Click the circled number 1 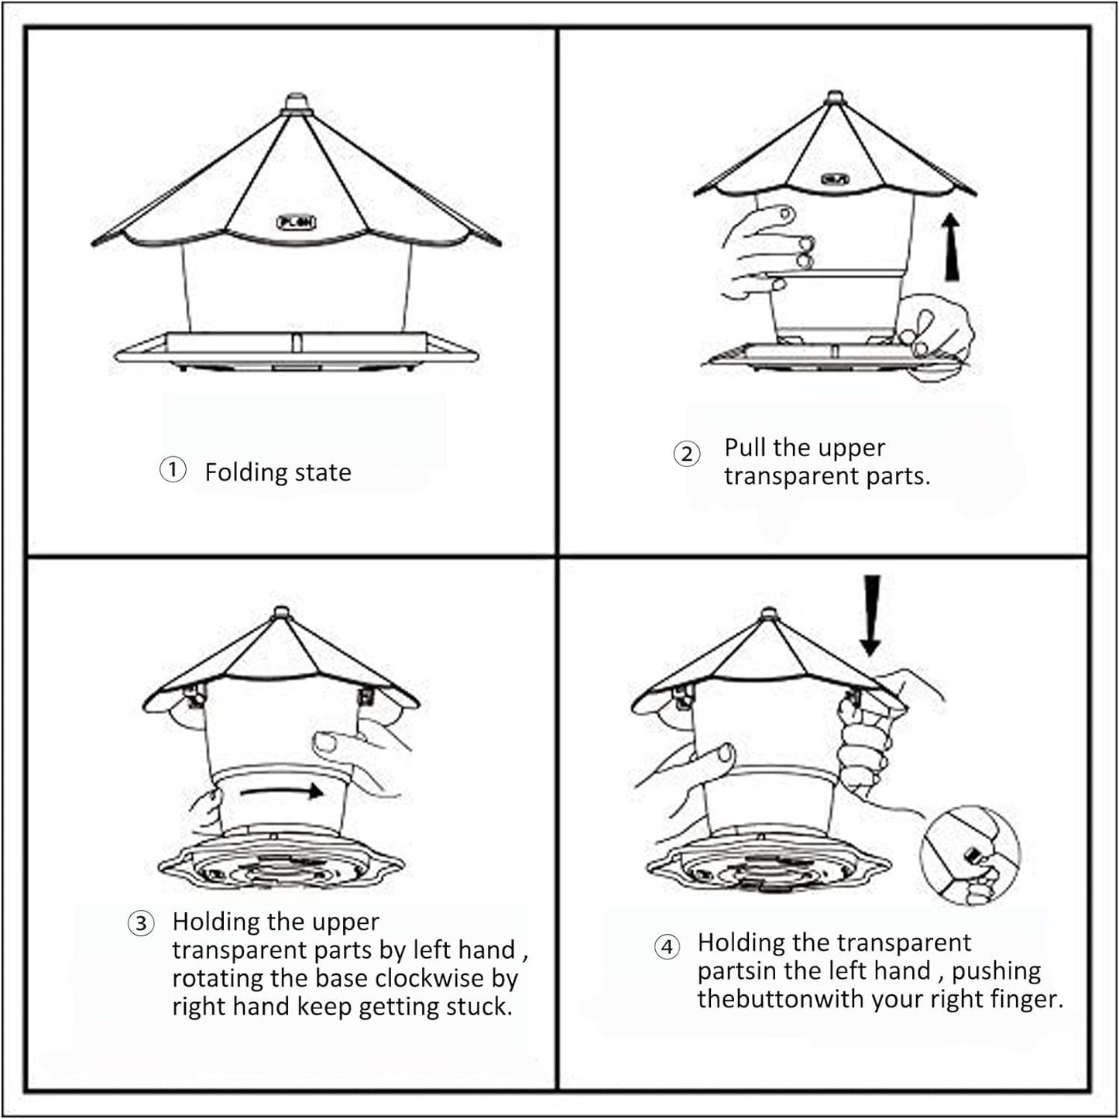click(173, 469)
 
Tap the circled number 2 click(686, 453)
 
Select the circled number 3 click(141, 923)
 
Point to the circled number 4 click(667, 946)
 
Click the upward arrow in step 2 click(952, 248)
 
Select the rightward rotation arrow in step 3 click(282, 791)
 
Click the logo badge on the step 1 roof click(296, 222)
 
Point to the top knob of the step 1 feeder click(296, 102)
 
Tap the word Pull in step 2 click(745, 448)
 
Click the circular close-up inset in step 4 click(970, 855)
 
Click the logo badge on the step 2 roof click(835, 179)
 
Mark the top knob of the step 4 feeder click(768, 613)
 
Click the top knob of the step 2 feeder click(835, 97)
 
